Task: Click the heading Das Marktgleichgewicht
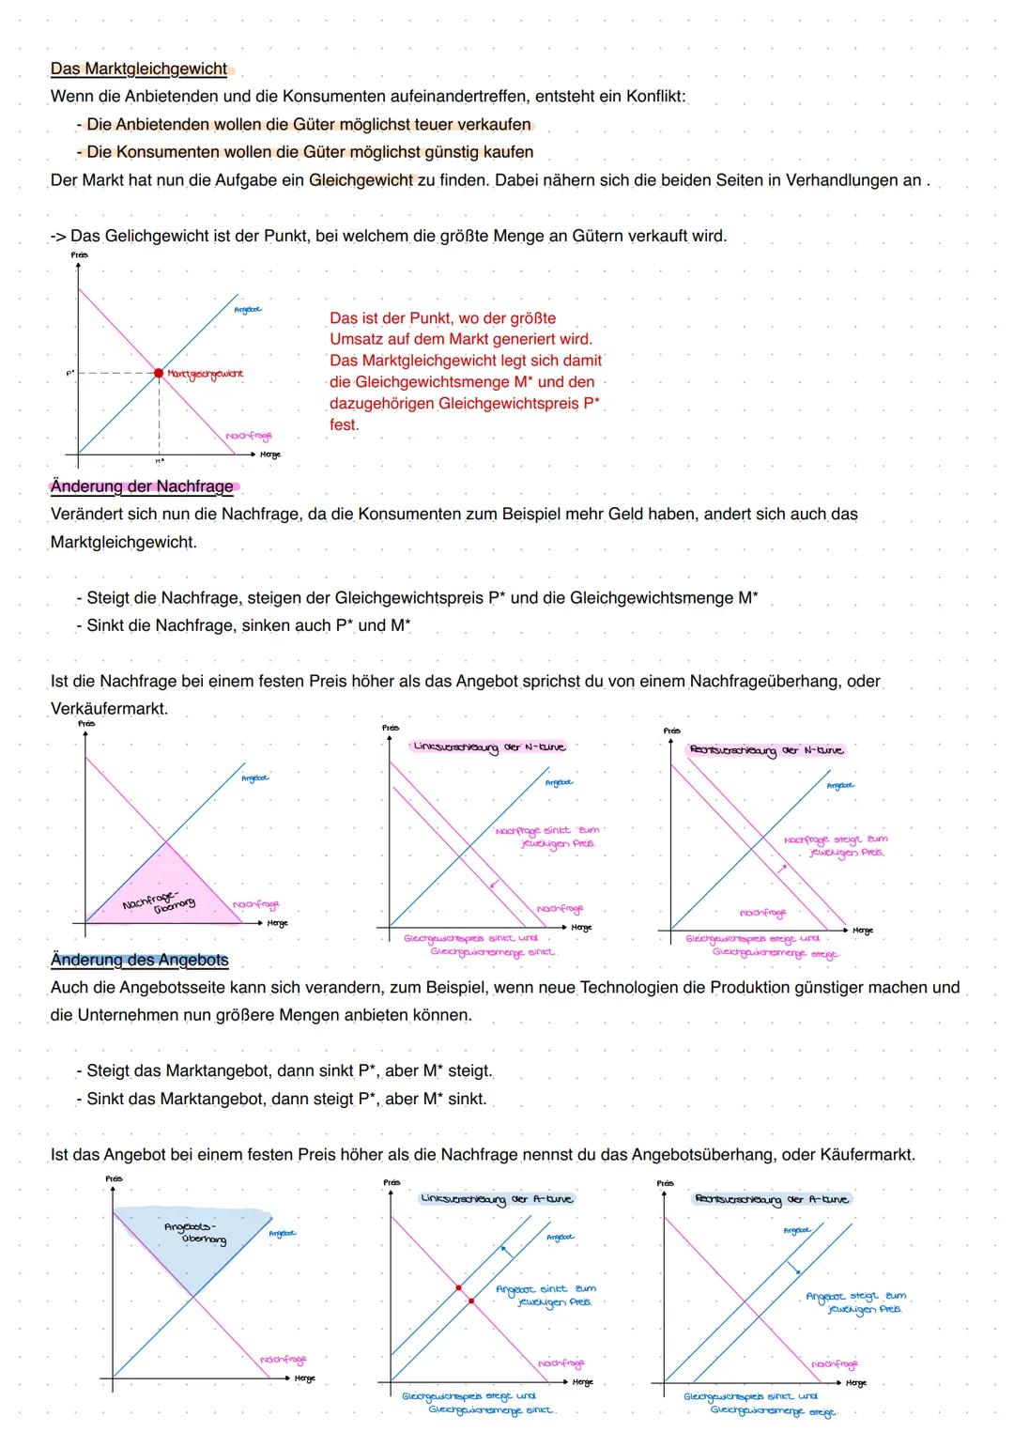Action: pos(139,69)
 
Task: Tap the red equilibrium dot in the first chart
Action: pos(159,373)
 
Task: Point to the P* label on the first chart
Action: pos(69,373)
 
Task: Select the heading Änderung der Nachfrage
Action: pos(142,486)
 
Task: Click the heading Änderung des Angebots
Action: pos(139,960)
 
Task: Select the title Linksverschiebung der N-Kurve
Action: pos(489,747)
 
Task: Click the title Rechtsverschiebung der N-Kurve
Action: pos(767,750)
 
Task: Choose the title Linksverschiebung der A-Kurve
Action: pos(497,1199)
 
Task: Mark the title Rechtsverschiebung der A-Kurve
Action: pos(771,1199)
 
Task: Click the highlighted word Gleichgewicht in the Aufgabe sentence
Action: pos(361,180)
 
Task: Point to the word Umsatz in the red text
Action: pos(358,339)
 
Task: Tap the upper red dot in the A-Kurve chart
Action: pos(458,1287)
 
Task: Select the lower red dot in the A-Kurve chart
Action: pos(471,1301)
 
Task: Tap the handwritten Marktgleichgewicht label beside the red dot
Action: pos(205,374)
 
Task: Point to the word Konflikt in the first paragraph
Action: pos(656,97)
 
